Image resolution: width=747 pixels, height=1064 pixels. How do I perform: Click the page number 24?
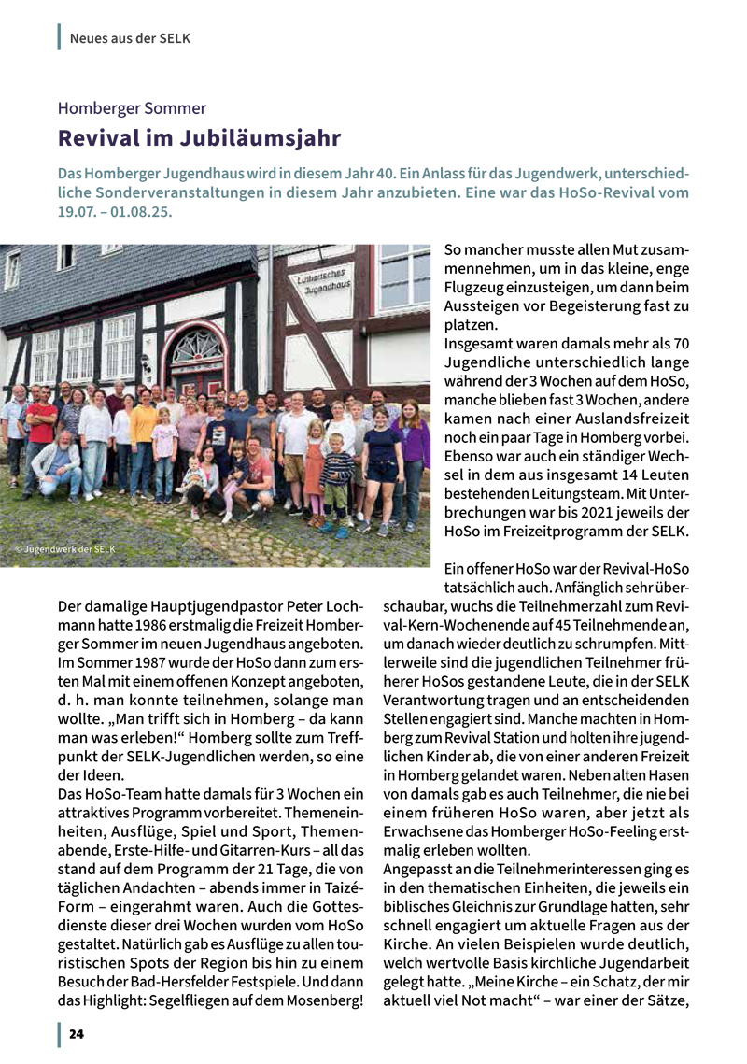tap(76, 1035)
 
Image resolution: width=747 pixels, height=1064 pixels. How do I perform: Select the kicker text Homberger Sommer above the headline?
tap(132, 108)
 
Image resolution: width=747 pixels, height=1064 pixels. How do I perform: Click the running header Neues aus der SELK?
tap(130, 38)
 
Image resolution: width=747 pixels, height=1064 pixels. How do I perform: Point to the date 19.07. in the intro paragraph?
tap(81, 212)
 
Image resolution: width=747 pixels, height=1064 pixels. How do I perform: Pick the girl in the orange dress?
tap(314, 467)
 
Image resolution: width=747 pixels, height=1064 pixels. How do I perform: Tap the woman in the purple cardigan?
tap(410, 448)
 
